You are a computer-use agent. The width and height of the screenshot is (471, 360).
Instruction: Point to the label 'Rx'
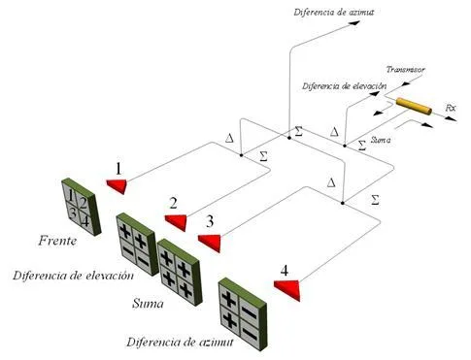(x=450, y=107)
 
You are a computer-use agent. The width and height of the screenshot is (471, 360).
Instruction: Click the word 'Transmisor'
(x=405, y=70)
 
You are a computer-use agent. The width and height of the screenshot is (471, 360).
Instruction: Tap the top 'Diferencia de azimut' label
(x=325, y=12)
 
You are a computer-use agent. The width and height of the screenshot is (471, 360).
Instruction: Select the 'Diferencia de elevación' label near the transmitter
(x=346, y=85)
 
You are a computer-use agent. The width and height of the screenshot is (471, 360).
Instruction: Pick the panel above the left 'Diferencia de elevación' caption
(x=137, y=245)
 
